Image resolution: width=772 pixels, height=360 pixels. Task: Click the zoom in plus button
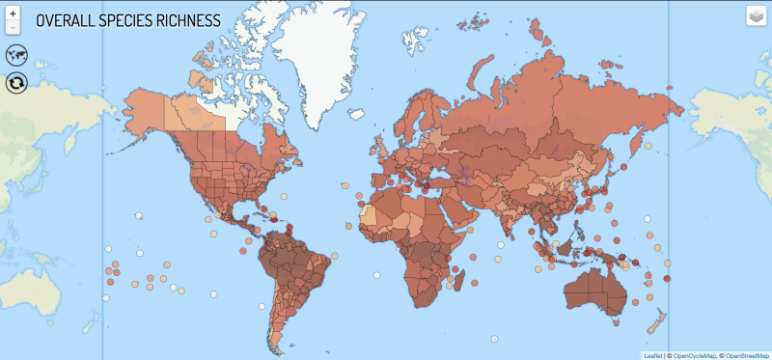[x=12, y=14]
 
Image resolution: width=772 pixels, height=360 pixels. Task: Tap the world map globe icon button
[x=15, y=55]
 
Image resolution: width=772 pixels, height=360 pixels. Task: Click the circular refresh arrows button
[x=15, y=83]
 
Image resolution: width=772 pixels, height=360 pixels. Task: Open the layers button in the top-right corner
[x=756, y=16]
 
